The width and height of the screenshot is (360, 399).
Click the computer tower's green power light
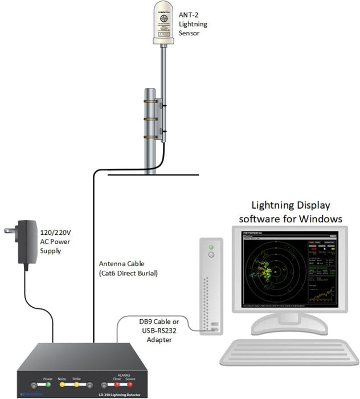[211, 247]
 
